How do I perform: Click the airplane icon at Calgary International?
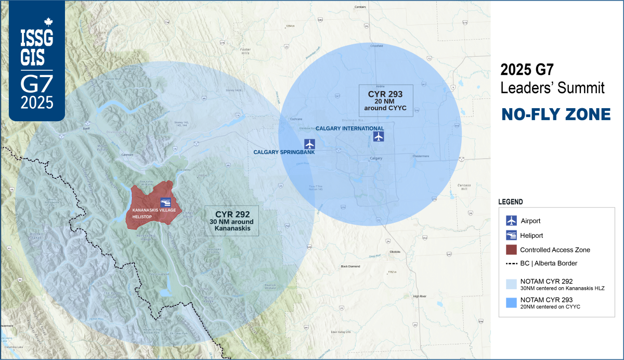379,137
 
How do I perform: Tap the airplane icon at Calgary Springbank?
310,144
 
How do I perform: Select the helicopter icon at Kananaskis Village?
165,202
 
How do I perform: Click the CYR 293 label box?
386,100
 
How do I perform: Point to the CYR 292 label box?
232,221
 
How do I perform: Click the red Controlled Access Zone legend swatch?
511,250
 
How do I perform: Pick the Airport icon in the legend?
511,221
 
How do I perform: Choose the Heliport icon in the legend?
511,235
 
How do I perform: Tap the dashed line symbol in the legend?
511,263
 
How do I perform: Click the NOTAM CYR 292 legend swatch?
511,284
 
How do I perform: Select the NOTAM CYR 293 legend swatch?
511,303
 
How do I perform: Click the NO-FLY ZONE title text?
556,114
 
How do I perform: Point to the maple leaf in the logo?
49,22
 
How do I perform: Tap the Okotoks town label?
395,252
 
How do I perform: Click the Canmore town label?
127,155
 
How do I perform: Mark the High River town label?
419,296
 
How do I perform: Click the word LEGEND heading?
511,201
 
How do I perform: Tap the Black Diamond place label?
350,266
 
